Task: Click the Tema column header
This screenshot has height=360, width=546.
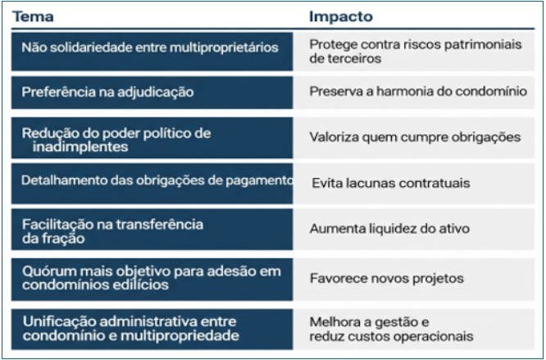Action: [33, 16]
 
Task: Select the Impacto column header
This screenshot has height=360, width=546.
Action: [341, 16]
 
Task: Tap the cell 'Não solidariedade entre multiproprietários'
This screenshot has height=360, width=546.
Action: [152, 52]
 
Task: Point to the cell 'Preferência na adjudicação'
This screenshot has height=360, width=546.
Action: [152, 93]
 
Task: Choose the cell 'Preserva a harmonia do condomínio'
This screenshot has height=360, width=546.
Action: [414, 93]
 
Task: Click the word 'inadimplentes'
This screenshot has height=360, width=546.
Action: [80, 147]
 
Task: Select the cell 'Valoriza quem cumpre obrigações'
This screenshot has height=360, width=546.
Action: [414, 138]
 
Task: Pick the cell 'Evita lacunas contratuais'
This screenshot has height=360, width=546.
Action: [414, 184]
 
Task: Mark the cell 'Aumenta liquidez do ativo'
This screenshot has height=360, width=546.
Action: [414, 230]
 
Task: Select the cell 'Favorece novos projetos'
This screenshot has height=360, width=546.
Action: [414, 280]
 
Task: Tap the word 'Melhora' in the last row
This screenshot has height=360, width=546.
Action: [334, 322]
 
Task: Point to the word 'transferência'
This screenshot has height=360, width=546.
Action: [159, 224]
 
